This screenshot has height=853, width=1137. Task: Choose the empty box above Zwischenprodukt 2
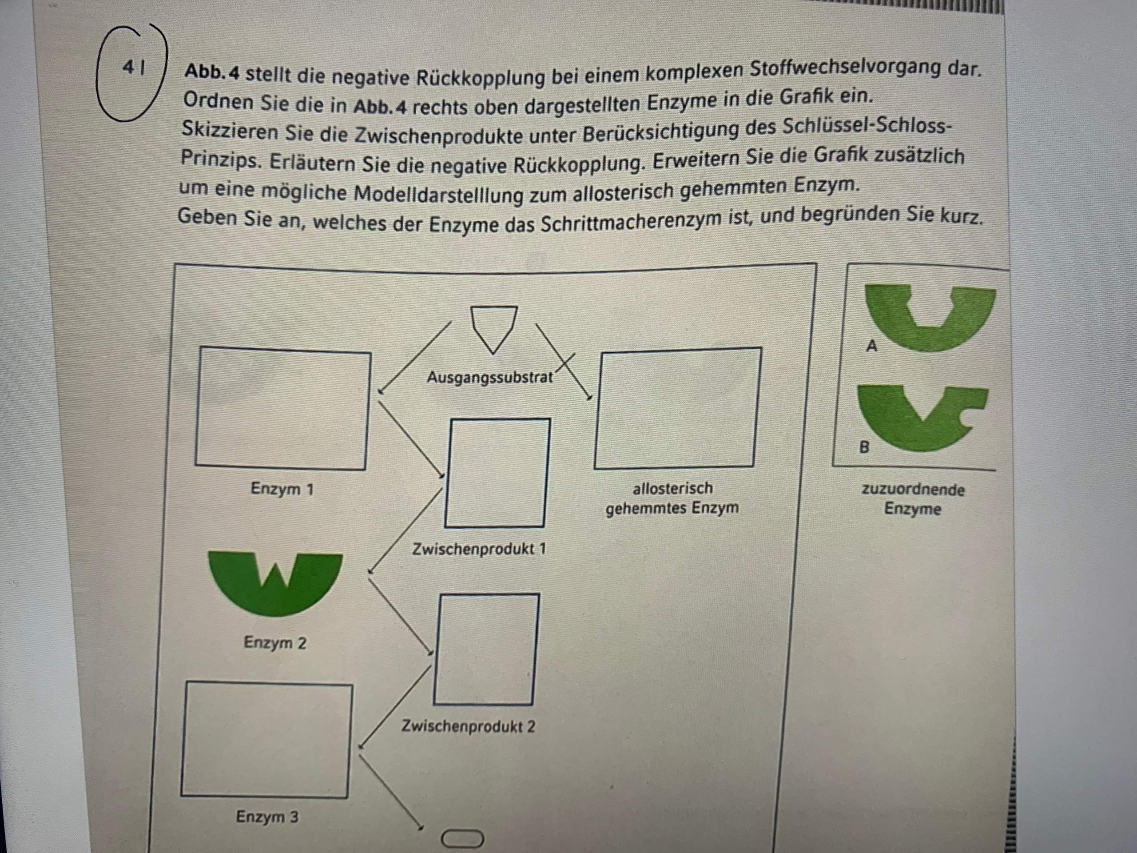[487, 650]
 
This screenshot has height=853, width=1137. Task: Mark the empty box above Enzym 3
[266, 741]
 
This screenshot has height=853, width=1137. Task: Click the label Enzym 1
[282, 488]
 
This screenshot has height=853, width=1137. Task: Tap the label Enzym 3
[267, 817]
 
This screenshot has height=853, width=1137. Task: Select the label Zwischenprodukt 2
[468, 726]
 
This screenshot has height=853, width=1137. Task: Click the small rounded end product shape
[462, 839]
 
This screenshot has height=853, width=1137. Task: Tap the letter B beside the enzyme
[864, 447]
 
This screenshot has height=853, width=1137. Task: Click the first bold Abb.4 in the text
[212, 72]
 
